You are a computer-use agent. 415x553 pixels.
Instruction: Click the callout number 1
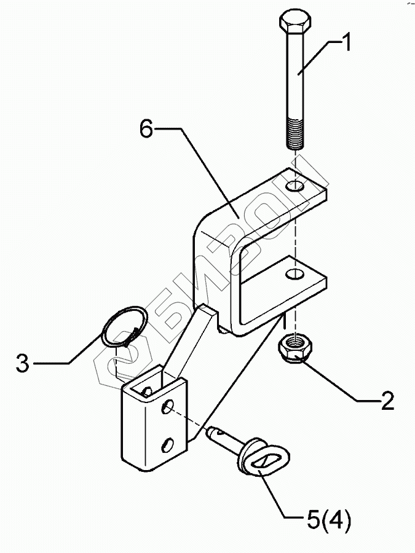(x=346, y=42)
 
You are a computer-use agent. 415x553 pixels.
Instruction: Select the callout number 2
(x=387, y=401)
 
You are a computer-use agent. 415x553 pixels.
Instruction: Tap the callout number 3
(x=22, y=363)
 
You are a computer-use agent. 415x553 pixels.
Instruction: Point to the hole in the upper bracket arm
(x=298, y=186)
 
